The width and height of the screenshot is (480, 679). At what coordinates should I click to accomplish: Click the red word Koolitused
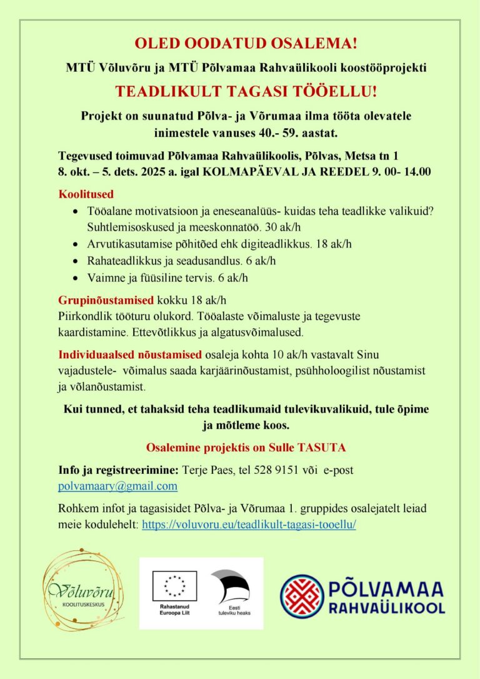(x=86, y=194)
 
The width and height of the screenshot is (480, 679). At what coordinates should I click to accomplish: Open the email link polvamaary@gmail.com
(x=117, y=486)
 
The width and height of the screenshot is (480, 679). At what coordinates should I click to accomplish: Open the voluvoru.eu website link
(x=249, y=525)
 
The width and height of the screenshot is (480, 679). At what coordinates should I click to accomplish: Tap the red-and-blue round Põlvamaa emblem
(x=301, y=596)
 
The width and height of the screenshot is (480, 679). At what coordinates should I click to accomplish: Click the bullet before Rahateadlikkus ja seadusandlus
(x=76, y=261)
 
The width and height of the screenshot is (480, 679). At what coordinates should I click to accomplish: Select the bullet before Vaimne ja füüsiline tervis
(x=76, y=278)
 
